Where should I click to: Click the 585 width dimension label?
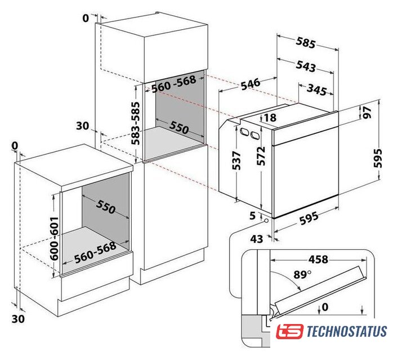(305, 43)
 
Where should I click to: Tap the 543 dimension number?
(306, 66)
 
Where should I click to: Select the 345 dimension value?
(317, 90)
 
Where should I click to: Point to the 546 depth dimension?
(251, 84)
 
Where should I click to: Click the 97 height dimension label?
(366, 112)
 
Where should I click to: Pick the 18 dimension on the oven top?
(270, 118)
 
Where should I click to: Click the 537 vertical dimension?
(236, 160)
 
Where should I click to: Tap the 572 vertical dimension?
(261, 156)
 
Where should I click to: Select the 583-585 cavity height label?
(136, 123)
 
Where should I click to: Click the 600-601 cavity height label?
(54, 238)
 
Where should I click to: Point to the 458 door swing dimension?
(318, 259)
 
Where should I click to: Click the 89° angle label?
(302, 274)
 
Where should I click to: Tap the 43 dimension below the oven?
(257, 239)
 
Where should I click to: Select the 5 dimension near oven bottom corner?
(252, 215)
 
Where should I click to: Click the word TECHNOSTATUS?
(347, 331)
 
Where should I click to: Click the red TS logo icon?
(289, 331)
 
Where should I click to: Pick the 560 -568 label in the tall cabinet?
(173, 84)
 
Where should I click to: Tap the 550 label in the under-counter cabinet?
(105, 207)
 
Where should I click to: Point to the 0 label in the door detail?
(325, 307)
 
